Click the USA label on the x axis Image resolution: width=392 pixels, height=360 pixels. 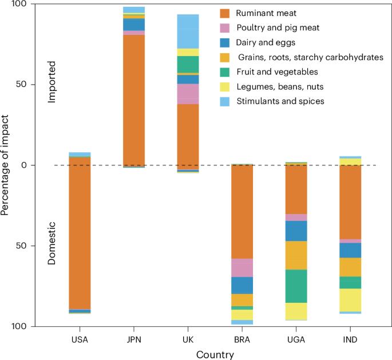coord(80,338)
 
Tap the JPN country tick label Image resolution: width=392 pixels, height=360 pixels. coord(134,338)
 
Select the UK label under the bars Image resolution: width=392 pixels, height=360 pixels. coord(188,338)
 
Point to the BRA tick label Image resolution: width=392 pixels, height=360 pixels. coord(242,338)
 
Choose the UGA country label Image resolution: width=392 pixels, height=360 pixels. coord(296,338)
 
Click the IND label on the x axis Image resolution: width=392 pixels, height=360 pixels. coord(350,338)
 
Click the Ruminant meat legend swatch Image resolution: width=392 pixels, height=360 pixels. coord(225,13)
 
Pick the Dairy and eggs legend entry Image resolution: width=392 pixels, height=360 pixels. coord(262,42)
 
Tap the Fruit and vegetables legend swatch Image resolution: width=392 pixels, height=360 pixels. coord(225,72)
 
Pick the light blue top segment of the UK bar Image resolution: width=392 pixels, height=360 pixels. coord(188,31)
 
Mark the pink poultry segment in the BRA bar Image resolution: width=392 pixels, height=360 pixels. coord(242,267)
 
